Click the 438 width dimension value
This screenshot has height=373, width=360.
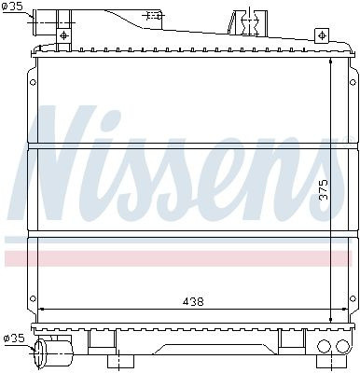point(193,301)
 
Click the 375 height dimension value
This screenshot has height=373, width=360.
point(324,189)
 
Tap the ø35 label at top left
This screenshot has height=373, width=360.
point(12,7)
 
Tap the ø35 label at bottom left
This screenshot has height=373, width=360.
point(13,338)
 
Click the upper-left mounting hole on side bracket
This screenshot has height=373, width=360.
point(33,82)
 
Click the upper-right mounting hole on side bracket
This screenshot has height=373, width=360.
point(353,82)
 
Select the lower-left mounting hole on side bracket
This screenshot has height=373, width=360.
point(33,298)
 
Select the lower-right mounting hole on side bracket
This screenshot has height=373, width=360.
point(353,298)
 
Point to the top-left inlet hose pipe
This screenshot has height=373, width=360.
point(45,21)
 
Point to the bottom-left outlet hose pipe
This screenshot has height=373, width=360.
point(53,353)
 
